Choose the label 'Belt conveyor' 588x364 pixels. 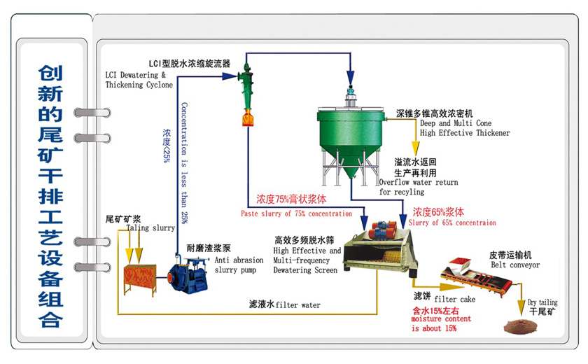pos(514,265)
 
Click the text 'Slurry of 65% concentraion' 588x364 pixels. pos(452,223)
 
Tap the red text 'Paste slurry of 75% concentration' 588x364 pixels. pos(296,213)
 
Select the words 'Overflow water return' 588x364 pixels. pos(419,182)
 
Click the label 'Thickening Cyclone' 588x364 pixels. pos(139,85)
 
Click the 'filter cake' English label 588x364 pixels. pos(454,299)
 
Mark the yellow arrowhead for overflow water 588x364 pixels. pos(414,148)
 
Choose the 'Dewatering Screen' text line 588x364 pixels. pos(307,269)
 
